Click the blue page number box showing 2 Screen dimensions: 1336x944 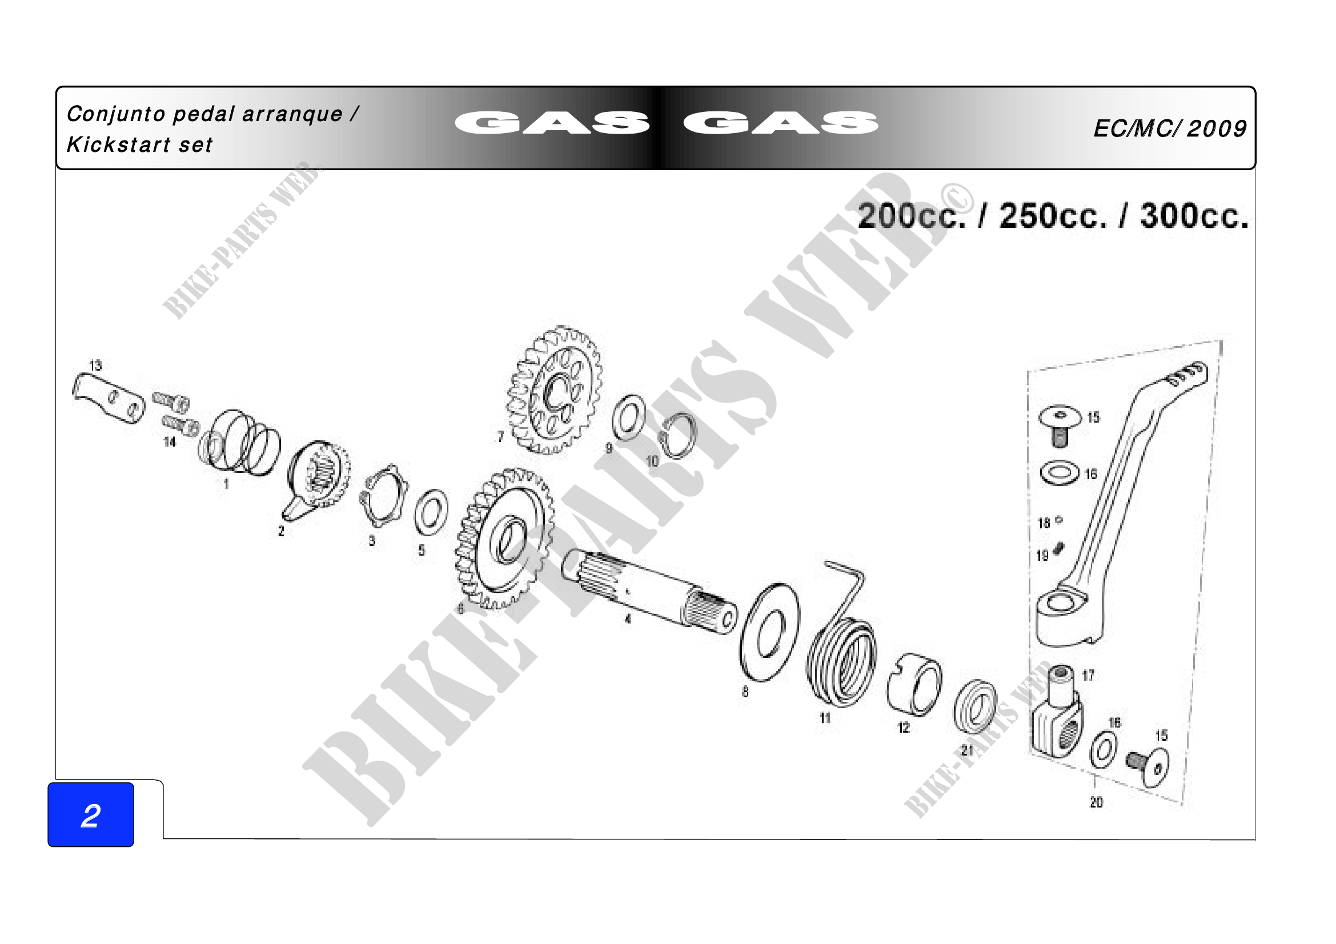[91, 814]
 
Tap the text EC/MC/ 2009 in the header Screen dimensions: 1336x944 [1170, 128]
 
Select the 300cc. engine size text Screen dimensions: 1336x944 [1194, 216]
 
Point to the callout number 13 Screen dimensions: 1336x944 [95, 365]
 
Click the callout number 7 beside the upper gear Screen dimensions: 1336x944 [500, 436]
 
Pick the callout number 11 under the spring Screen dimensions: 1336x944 [825, 718]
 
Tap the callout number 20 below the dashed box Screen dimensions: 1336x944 [1096, 802]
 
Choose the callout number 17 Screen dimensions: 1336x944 [1088, 675]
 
